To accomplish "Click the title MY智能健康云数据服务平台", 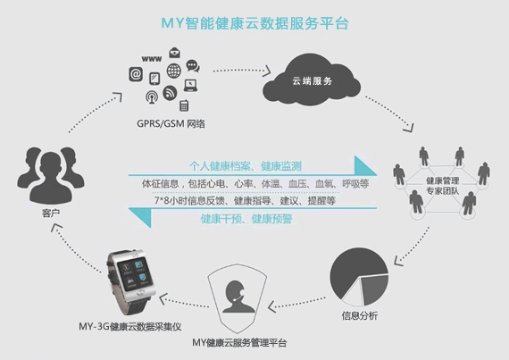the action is pos(254,23).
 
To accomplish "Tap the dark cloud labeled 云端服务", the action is pos(312,80).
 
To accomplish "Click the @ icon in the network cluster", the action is pos(136,74).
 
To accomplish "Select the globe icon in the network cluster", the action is pos(174,71).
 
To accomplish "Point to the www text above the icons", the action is pos(152,59).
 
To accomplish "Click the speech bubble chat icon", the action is pos(193,66).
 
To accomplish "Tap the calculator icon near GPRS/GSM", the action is pos(184,105).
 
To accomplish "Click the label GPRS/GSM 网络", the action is pos(171,123).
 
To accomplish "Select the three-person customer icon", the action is pos(51,175).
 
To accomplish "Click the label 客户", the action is pos(51,213).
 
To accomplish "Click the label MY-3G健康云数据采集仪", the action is pos(129,326).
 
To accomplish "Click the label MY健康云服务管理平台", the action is pos(239,342).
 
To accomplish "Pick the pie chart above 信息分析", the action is pos(359,277).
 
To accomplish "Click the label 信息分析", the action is pos(360,315).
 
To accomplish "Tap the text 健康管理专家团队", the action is pos(442,186).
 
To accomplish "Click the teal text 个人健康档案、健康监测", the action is pos(246,166).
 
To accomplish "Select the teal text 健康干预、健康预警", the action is pos(246,219).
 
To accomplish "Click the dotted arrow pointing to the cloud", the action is pos(242,71).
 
